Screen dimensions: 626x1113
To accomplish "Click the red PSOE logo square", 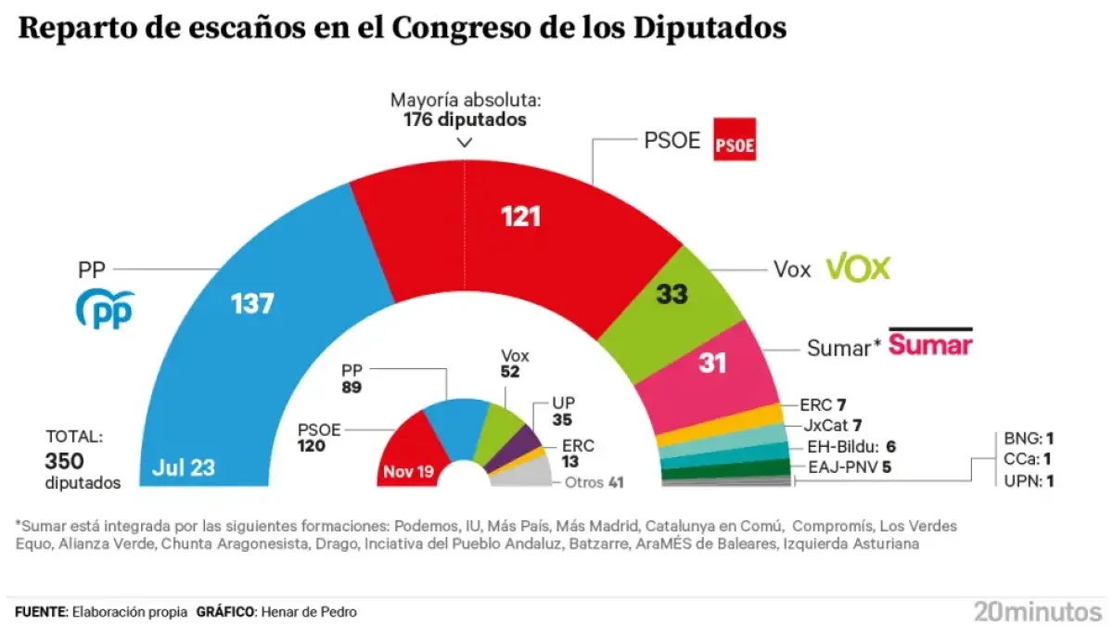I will click(x=735, y=140).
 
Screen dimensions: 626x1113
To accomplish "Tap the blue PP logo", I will click(x=104, y=310).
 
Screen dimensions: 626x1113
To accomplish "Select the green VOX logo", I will click(x=858, y=268).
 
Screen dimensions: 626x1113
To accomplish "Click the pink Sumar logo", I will click(x=930, y=345).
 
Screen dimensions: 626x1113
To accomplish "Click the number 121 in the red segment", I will click(x=521, y=218).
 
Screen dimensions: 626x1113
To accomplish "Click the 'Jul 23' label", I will click(x=185, y=468).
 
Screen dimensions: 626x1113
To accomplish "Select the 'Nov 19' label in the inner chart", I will click(x=407, y=472).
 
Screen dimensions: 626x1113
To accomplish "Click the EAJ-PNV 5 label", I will click(x=849, y=466).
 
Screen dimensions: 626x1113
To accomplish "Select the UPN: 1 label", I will click(x=1029, y=480).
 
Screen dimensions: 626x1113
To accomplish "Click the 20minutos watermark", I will click(x=1037, y=611).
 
